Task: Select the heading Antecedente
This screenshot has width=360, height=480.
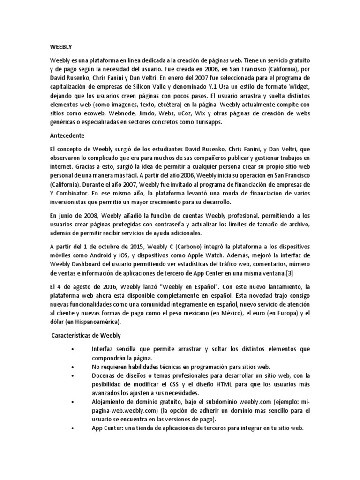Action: (x=67, y=135)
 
